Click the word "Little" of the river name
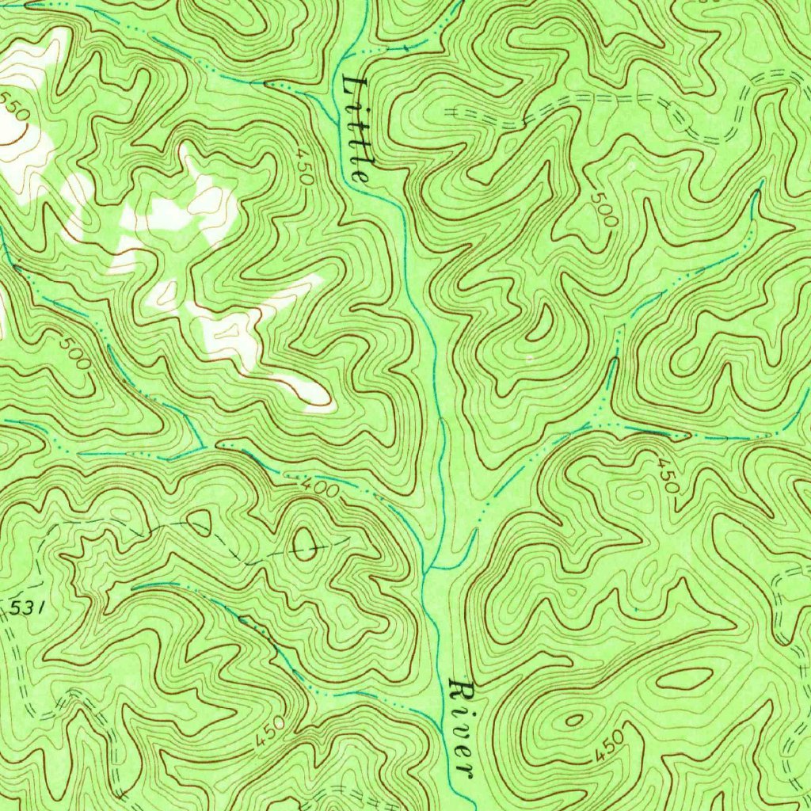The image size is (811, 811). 357,130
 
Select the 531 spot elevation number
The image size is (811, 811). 26,608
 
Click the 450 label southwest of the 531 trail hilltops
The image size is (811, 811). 271,734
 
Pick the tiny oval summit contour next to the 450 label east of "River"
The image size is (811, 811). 573,720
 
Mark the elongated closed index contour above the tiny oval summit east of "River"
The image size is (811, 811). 684,678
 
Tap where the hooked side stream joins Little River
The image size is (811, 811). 429,569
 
